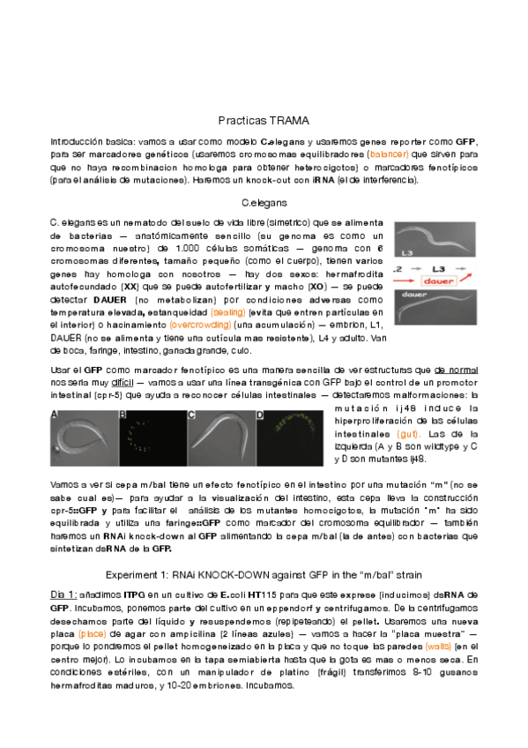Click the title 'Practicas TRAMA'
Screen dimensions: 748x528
click(264, 120)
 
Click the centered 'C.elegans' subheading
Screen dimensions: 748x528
click(264, 203)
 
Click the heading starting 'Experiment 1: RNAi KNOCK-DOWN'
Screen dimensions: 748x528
click(264, 574)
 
